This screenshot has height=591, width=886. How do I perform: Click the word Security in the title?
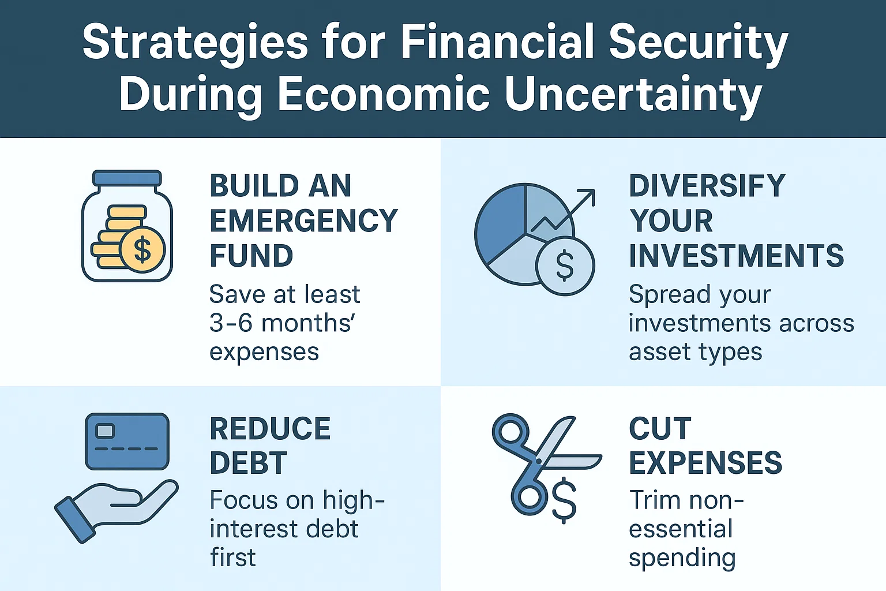click(698, 42)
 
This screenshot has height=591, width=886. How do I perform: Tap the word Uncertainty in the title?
click(633, 93)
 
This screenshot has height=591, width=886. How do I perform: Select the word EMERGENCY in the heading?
click(303, 221)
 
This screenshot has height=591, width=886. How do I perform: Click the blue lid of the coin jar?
click(127, 178)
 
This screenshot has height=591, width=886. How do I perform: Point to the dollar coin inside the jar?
click(142, 249)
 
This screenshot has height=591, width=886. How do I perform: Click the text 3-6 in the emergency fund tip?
click(231, 323)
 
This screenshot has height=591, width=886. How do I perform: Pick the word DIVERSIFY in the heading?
click(707, 186)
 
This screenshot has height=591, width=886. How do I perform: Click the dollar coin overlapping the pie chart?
click(565, 266)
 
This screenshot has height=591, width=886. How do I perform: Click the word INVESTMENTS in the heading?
click(736, 256)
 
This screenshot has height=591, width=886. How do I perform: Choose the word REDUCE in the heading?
click(270, 429)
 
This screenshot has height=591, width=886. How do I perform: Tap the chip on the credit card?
click(105, 431)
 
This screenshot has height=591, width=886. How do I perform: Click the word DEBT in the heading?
click(248, 463)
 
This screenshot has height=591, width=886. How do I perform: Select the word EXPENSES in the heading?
click(705, 463)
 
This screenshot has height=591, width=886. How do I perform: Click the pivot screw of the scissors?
click(539, 461)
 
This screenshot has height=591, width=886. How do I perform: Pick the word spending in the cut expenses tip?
click(682, 558)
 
